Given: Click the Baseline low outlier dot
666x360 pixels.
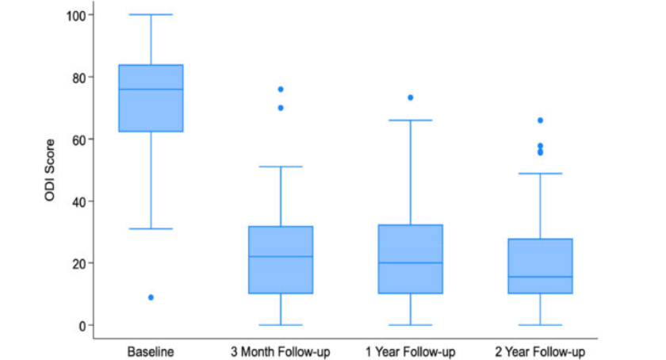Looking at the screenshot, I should [151, 297].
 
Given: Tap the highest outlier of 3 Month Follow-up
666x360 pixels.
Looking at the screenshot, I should [281, 90].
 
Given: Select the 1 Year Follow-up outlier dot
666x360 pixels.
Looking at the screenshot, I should [411, 98].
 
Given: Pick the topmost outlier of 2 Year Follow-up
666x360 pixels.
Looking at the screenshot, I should [540, 121].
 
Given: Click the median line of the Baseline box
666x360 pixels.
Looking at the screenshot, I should [151, 90].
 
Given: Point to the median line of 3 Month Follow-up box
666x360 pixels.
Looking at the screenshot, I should [281, 256].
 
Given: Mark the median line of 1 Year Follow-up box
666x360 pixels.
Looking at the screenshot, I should [411, 262].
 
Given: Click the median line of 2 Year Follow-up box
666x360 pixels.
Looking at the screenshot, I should [540, 277].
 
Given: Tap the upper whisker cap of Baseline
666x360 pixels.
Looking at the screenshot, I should [151, 15].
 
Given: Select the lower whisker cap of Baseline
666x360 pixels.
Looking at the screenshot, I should [151, 228].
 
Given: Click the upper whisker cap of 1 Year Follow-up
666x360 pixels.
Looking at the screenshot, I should [411, 121].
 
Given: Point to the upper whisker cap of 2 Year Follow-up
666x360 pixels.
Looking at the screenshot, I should [540, 173].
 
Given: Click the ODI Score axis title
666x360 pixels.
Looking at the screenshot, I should [49, 170].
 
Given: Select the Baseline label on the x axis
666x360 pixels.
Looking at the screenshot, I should [151, 350].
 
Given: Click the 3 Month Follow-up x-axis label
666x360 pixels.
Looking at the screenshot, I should [281, 350].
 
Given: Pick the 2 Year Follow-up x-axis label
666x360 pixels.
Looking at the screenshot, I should [540, 350].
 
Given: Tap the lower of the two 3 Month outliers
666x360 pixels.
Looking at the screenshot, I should [281, 108].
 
